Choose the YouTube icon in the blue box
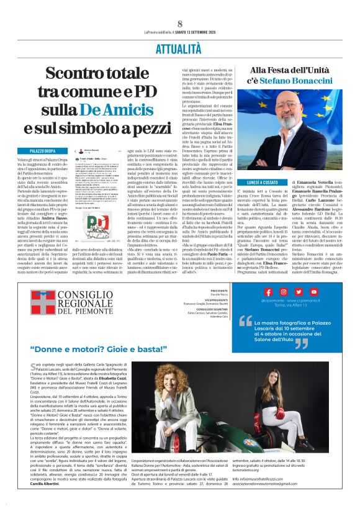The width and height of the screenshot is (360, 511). (x=298, y=292)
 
